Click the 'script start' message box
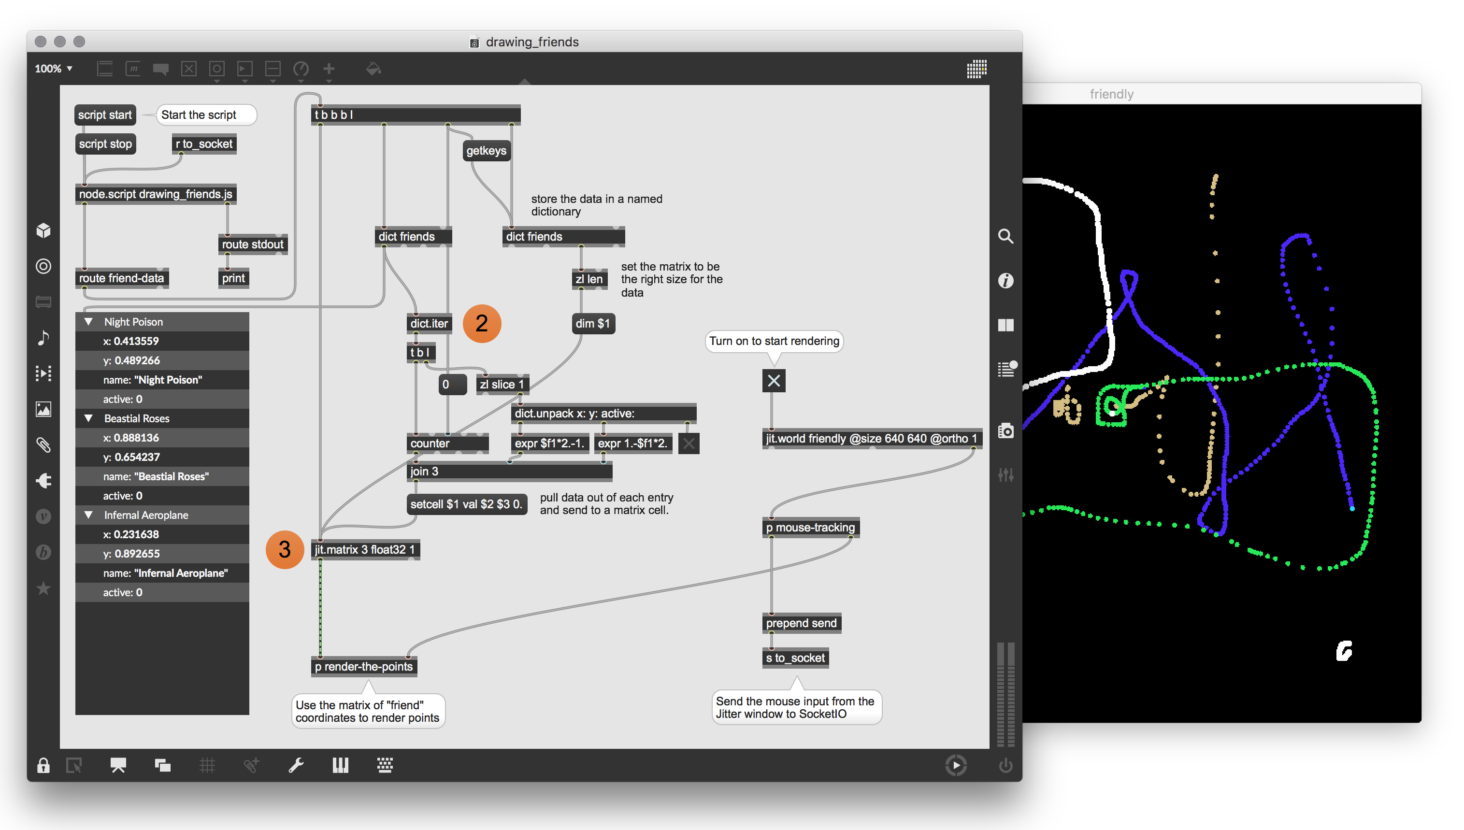(x=105, y=114)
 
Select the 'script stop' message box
(x=105, y=143)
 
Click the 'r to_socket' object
(x=204, y=143)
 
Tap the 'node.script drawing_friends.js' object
(x=156, y=194)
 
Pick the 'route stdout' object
(x=253, y=244)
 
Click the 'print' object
(x=234, y=278)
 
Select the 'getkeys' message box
(x=486, y=151)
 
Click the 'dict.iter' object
(x=429, y=323)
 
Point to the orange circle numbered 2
(x=482, y=323)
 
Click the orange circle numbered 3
(x=285, y=549)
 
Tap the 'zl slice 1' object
(x=502, y=384)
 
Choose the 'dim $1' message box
(x=593, y=323)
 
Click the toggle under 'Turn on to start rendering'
(x=774, y=380)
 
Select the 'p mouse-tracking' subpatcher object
(x=811, y=527)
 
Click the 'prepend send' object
(x=802, y=623)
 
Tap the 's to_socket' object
(x=795, y=658)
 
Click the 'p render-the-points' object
(x=364, y=666)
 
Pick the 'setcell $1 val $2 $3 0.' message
(x=466, y=504)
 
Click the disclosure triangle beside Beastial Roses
(x=89, y=418)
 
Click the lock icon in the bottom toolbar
(x=43, y=765)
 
